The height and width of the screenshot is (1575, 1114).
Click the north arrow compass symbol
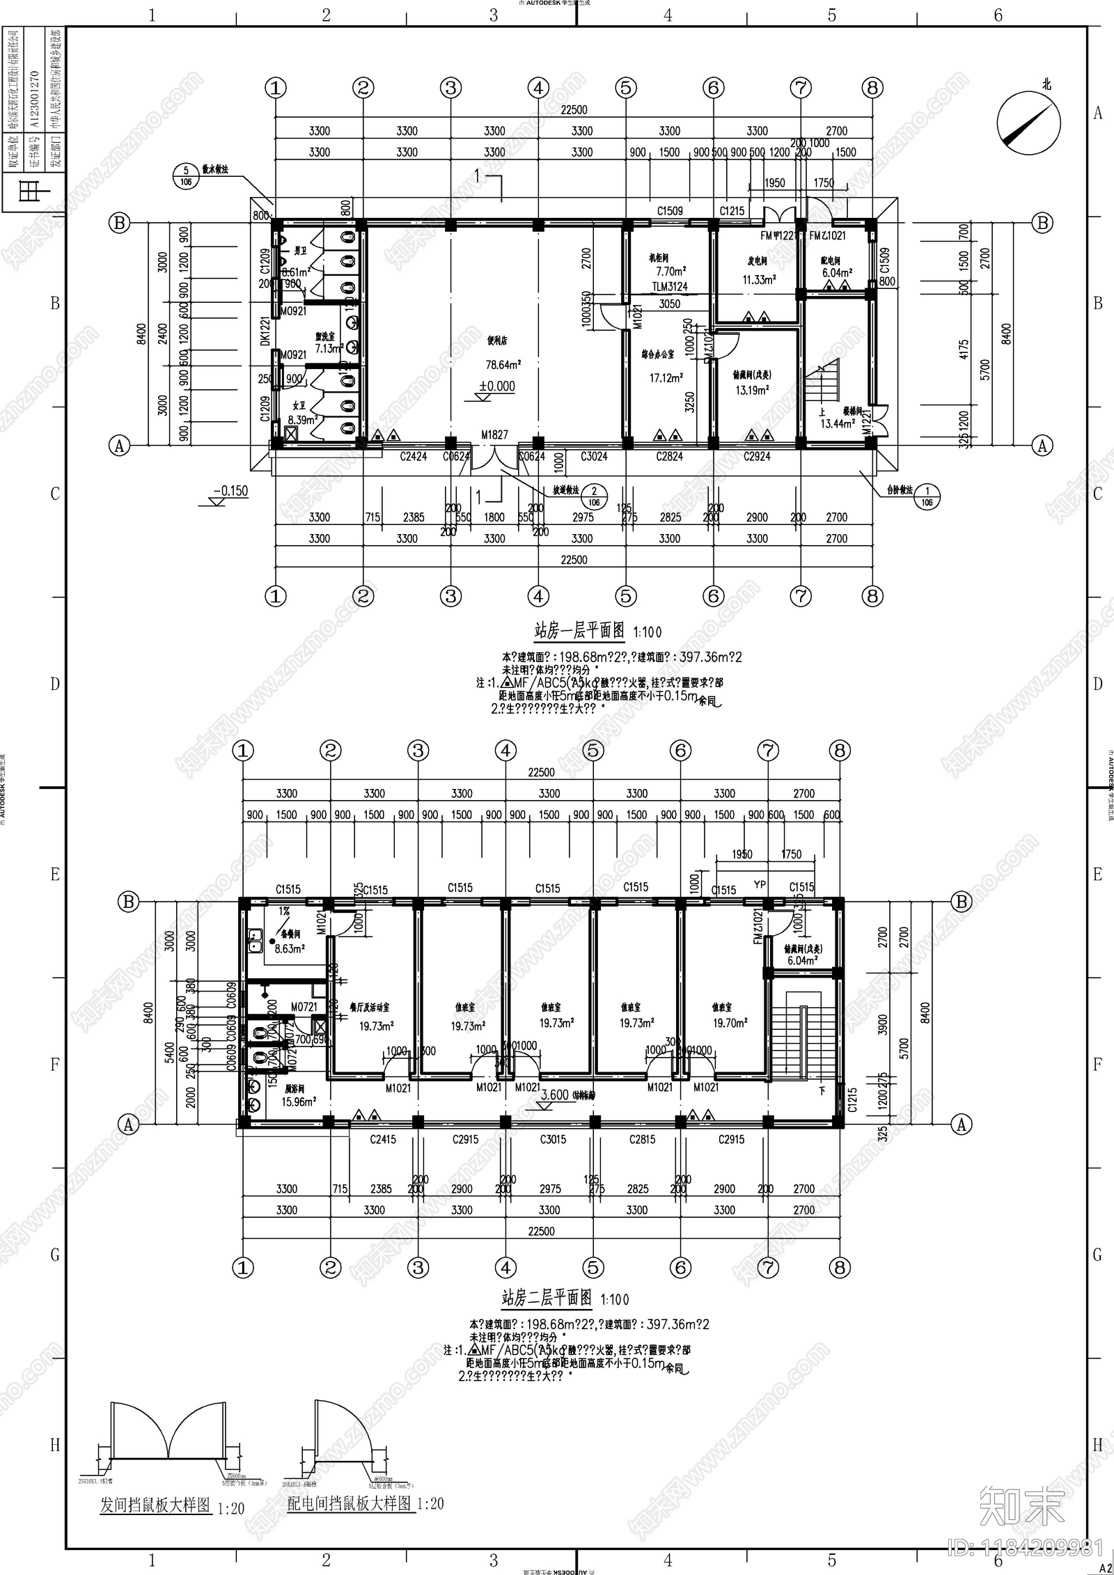point(1028,123)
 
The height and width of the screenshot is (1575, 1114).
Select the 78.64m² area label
point(503,365)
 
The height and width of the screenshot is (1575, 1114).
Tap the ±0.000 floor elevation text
point(497,386)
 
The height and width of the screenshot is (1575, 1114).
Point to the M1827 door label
point(494,435)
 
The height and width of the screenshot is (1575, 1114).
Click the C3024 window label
point(594,457)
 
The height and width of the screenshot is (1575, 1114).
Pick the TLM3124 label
point(670,287)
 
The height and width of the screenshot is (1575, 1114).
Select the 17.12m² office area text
point(666,378)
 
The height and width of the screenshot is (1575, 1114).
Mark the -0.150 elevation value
point(230,491)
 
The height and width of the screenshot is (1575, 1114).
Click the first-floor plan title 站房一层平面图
point(579,631)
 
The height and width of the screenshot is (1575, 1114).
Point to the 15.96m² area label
point(299,1102)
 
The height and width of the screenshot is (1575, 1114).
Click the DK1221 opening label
point(265,331)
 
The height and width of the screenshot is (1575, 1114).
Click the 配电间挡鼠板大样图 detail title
point(350,1504)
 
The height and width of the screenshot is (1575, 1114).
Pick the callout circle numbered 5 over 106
point(186,176)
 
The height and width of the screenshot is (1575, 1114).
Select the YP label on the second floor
point(760,885)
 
